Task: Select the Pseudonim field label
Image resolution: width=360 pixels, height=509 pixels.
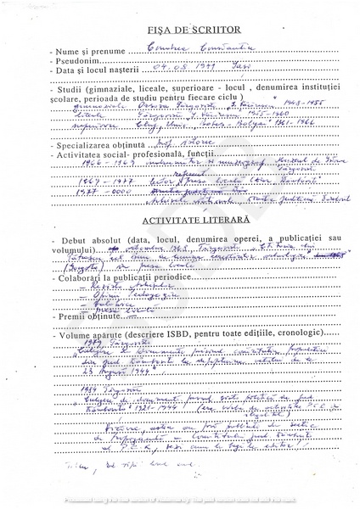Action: tap(75, 63)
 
